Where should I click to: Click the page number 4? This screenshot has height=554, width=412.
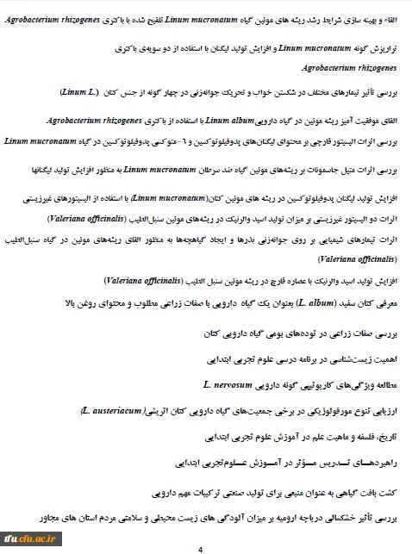(x=200, y=548)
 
